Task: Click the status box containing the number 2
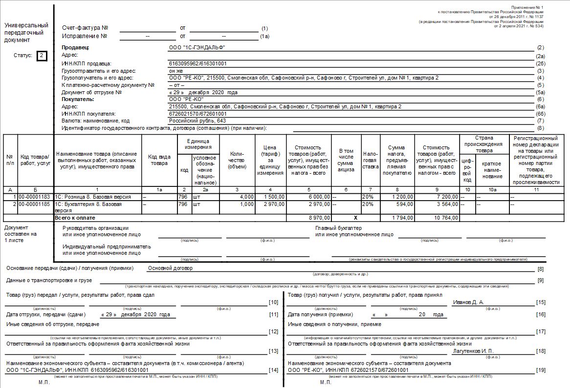42,56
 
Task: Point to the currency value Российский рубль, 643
197,121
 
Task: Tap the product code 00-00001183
35,197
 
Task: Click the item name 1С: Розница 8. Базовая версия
93,197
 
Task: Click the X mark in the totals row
346,218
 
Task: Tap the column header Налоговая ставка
371,160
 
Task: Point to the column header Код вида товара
159,160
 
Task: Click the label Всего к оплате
75,218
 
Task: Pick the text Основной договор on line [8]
171,268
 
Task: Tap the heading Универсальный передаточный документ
26,33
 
